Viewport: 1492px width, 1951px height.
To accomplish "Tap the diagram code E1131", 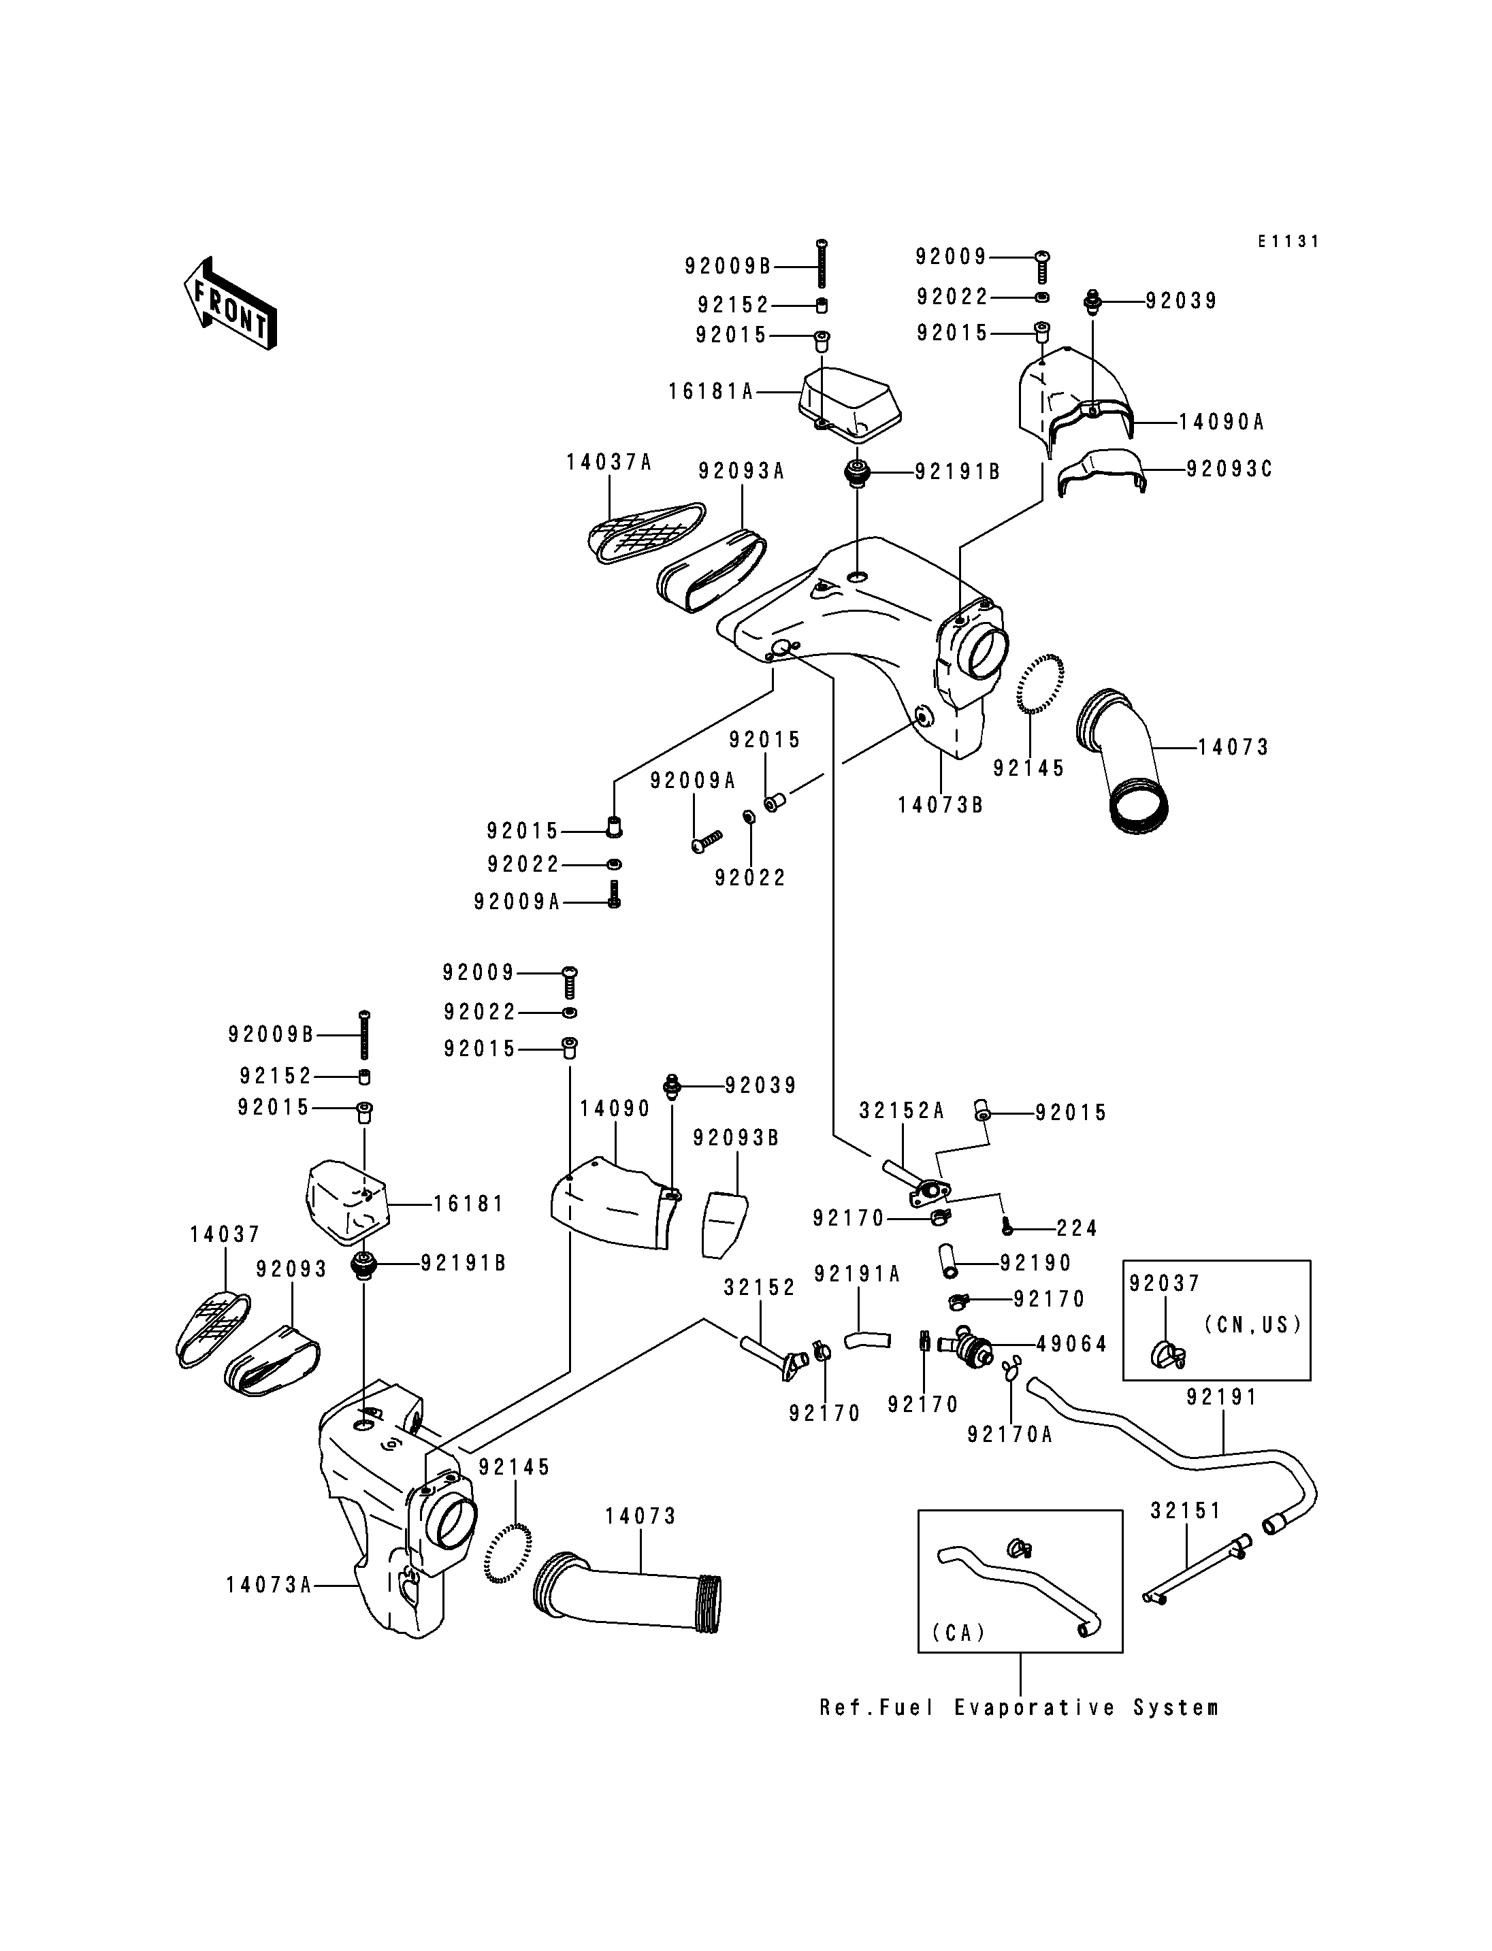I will [1288, 242].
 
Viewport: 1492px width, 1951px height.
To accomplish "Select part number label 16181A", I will [711, 391].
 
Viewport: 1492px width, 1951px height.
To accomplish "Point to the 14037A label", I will [609, 463].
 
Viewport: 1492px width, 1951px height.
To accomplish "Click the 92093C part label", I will [1230, 469].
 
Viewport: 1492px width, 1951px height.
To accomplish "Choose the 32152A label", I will [901, 1111].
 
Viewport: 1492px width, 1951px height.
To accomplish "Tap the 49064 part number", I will [1072, 1345].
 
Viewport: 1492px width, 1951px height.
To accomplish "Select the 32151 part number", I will [1186, 1511].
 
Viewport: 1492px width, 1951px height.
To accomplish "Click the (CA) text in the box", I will [959, 1633].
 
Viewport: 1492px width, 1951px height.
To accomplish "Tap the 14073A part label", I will [269, 1585].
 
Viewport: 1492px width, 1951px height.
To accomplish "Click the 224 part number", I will [1077, 1228].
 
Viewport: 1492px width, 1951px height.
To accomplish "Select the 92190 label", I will [1035, 1263].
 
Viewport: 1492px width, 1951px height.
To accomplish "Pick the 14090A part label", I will [1221, 423].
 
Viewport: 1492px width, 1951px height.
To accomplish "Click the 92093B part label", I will [736, 1138].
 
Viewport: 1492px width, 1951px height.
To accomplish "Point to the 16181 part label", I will [469, 1204].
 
